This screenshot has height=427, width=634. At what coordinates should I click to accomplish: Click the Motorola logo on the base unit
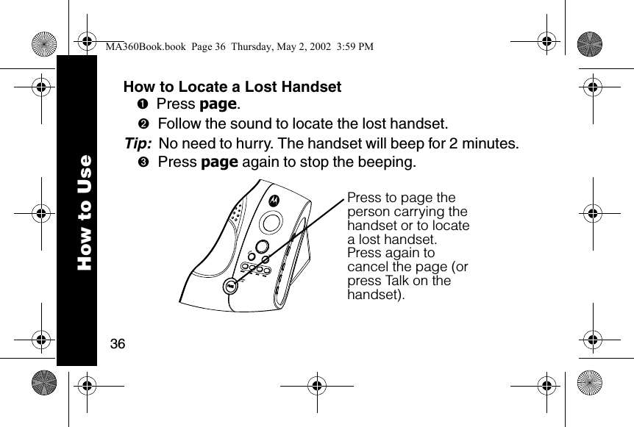point(274,199)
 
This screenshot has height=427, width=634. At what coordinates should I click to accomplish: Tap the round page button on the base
point(230,286)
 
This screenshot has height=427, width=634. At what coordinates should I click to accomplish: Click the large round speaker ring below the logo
point(272,221)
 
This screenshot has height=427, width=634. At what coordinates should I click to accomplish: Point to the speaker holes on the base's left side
point(235,214)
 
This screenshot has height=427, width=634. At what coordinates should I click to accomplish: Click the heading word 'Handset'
point(312,87)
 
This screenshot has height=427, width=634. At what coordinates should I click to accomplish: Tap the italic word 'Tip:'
point(139,143)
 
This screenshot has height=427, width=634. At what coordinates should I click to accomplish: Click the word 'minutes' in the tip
point(488,143)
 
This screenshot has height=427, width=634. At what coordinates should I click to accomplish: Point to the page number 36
point(116,344)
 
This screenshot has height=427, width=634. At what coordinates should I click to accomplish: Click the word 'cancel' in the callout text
point(368,267)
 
